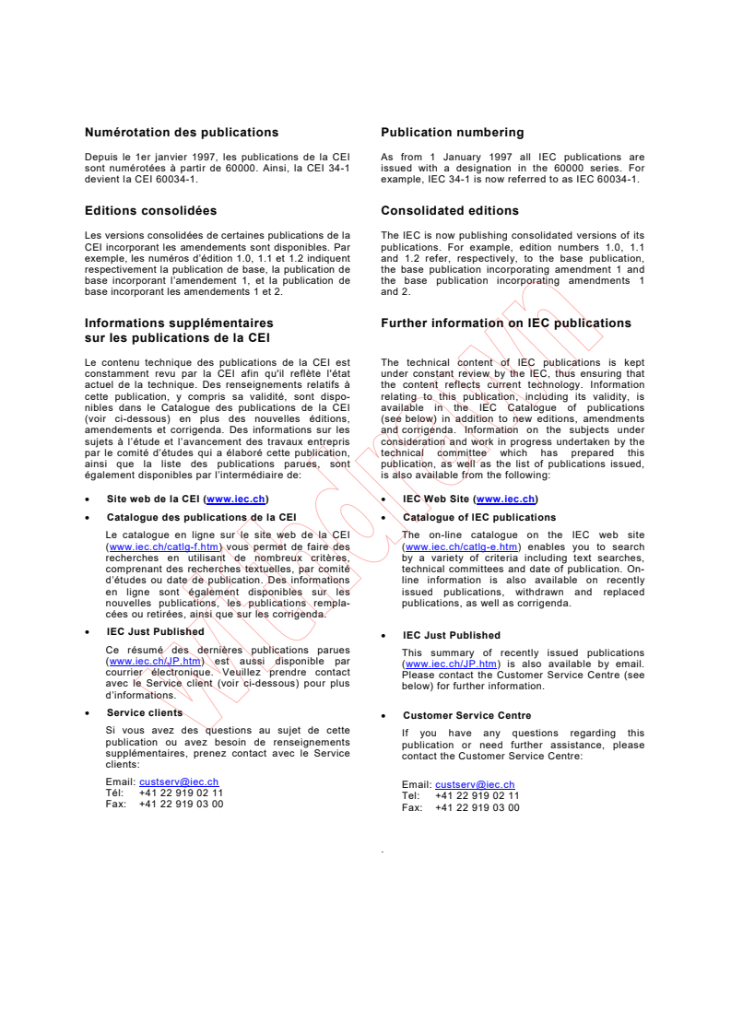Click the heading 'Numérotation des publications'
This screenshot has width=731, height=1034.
[x=181, y=133]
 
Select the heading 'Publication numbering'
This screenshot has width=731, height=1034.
[x=452, y=133]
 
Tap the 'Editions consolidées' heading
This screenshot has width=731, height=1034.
[x=150, y=211]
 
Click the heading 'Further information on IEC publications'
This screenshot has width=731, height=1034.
[x=505, y=323]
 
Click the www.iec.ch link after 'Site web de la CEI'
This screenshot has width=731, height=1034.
[x=237, y=499]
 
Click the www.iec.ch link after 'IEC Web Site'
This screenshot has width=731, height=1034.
[x=505, y=499]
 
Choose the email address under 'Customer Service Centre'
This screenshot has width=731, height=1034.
[x=475, y=785]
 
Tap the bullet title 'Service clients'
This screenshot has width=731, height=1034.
[x=145, y=712]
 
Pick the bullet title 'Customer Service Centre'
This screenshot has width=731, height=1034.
[x=466, y=715]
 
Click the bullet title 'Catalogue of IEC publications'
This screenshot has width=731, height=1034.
[x=479, y=517]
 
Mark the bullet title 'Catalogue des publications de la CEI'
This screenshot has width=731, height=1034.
[x=201, y=517]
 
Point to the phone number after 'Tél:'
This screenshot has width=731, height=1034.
[x=181, y=792]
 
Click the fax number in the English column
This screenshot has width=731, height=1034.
[x=477, y=807]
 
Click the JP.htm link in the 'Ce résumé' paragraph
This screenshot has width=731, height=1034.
[x=154, y=661]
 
